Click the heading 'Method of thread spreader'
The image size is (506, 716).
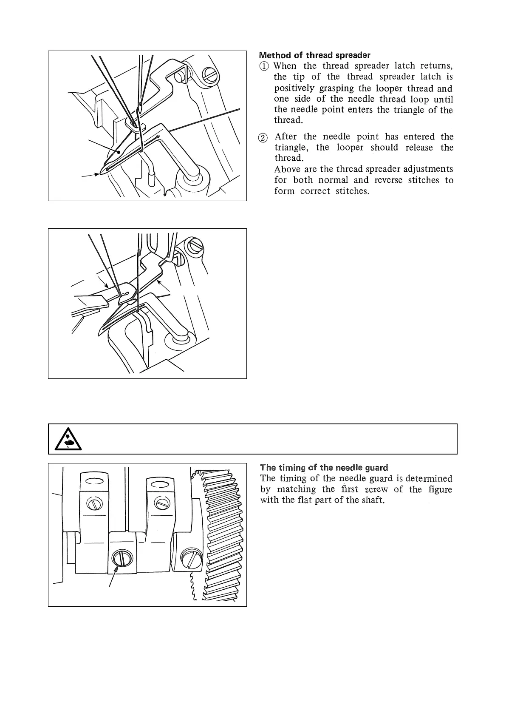[314, 55]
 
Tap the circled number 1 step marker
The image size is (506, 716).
[264, 66]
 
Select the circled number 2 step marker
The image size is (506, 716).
[264, 137]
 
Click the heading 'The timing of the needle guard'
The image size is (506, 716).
[324, 468]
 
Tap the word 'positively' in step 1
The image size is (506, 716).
[294, 88]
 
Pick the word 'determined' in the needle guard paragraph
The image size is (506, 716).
[429, 478]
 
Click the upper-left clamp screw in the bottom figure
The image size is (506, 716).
[94, 503]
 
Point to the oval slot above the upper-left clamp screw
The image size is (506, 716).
[94, 481]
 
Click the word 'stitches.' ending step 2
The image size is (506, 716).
[351, 191]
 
